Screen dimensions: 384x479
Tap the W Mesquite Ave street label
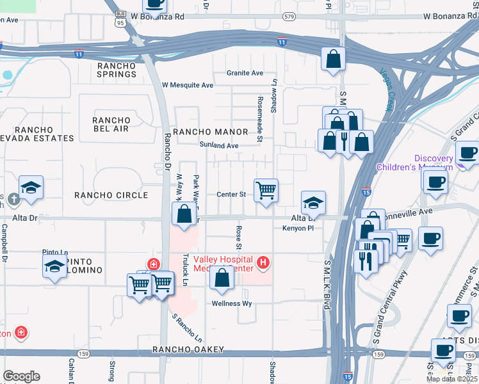click(188, 85)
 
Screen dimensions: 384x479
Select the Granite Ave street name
click(245, 73)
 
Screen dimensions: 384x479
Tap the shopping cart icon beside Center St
click(266, 191)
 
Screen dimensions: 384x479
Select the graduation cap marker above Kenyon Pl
click(313, 203)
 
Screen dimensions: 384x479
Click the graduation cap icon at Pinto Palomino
click(55, 266)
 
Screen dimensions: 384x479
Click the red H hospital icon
click(262, 262)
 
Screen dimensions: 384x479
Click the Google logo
click(21, 376)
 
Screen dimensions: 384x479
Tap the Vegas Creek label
click(387, 90)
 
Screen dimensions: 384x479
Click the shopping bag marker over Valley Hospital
click(222, 278)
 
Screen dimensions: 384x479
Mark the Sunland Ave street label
click(219, 146)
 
